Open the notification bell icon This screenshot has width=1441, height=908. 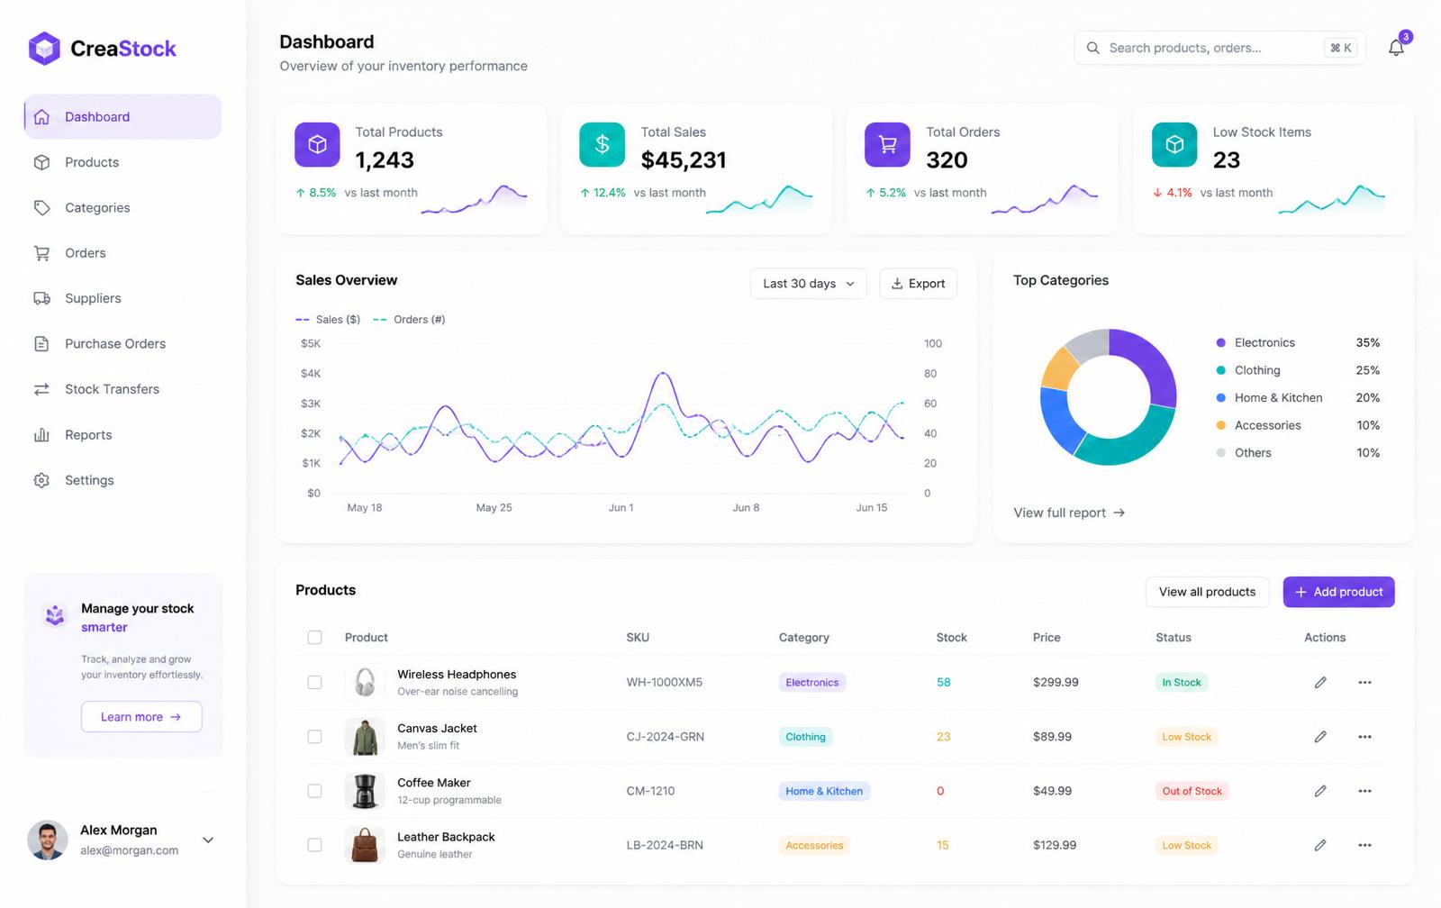[1396, 48]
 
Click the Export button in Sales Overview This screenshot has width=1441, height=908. [918, 284]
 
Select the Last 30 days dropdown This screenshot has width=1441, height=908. [809, 284]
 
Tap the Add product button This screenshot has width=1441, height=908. [1338, 592]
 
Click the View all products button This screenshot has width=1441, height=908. [1207, 592]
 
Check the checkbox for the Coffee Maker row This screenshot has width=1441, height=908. [314, 791]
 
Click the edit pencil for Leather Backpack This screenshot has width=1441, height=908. [1320, 845]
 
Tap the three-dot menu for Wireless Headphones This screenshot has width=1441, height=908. [1364, 682]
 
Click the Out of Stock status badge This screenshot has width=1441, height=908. [1192, 791]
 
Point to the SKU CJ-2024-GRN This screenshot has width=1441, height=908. [666, 737]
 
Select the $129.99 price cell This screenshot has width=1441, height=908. [1055, 845]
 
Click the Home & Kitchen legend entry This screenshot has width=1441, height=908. [1278, 397]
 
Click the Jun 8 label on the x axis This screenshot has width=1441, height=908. [746, 508]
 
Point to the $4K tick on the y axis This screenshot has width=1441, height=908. [311, 373]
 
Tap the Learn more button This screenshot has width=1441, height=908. [141, 717]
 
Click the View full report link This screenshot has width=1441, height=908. [1068, 513]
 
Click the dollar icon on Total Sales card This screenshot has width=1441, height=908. [602, 144]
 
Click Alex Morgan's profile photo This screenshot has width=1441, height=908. [48, 840]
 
